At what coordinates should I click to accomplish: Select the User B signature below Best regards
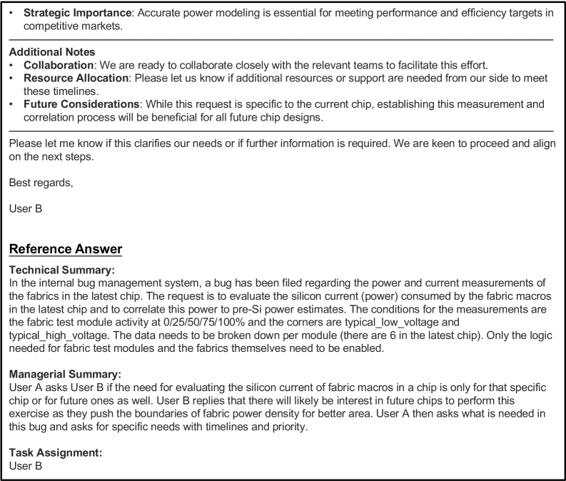coord(24,191)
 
